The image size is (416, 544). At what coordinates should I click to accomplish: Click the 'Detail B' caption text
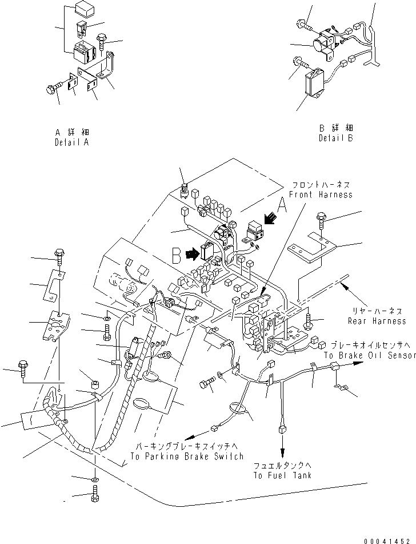coord(336,138)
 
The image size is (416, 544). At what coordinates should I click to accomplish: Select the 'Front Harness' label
coord(319,194)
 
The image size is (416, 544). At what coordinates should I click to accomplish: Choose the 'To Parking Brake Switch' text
coord(187,456)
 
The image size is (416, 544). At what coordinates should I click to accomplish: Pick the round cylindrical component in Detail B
coord(321,45)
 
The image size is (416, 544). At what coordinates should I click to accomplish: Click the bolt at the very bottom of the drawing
coord(94,494)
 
